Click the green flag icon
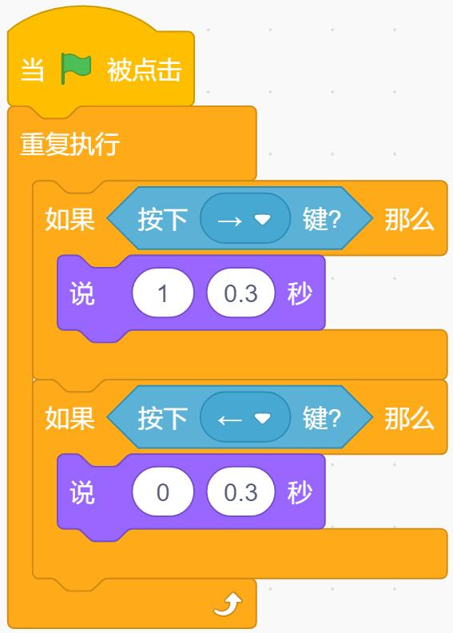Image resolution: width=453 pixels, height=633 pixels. click(76, 69)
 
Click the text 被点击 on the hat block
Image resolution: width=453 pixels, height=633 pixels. click(144, 70)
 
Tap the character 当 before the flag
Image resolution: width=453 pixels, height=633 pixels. click(32, 70)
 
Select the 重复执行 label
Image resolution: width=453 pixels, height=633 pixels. click(70, 144)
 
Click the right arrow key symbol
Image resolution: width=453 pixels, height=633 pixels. click(229, 221)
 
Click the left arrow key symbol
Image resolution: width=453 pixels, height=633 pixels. click(229, 420)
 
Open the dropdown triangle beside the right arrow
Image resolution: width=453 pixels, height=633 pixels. click(262, 219)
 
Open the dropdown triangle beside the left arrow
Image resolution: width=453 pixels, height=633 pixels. click(262, 418)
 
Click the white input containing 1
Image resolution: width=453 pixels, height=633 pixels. click(163, 293)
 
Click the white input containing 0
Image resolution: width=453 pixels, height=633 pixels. click(163, 492)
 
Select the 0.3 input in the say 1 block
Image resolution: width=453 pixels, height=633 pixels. click(240, 293)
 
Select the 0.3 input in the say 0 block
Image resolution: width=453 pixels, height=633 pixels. click(240, 492)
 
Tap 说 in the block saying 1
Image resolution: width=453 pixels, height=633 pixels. click(82, 293)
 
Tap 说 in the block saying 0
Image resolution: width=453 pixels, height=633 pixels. click(82, 492)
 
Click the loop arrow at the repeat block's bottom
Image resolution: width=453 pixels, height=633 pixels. click(228, 605)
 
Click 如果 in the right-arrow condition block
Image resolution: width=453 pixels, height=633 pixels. click(70, 219)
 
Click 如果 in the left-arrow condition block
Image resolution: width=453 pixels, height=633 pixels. click(70, 418)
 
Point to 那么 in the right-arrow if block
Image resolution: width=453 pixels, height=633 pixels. click(409, 220)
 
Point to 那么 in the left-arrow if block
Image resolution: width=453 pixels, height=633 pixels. click(409, 419)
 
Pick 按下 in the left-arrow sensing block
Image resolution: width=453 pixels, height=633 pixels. click(162, 419)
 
